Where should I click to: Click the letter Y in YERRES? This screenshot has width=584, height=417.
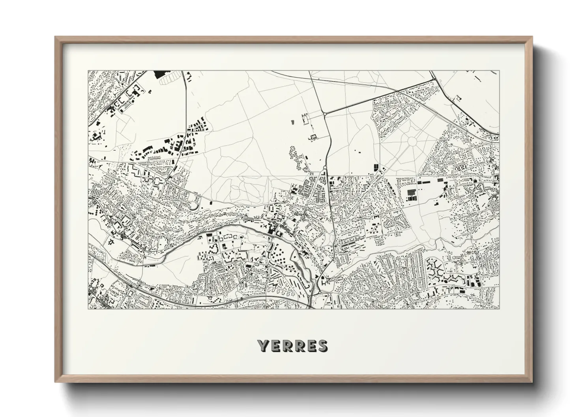coord(264,346)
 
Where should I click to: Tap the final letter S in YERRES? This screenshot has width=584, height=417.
coord(322,346)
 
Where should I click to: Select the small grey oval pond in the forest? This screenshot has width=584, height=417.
coord(293,122)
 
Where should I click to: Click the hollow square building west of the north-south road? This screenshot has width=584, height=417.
coord(314,137)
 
